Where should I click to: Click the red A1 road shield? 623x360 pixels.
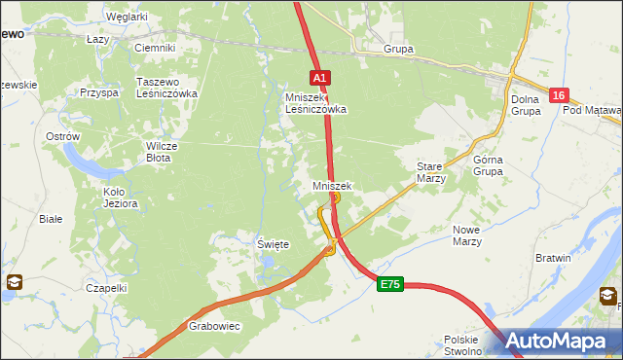321,76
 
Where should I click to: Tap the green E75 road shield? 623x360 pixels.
390,283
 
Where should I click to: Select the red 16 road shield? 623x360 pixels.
558,94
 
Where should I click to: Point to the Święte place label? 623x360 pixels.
273,244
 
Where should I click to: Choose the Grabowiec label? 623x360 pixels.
214,327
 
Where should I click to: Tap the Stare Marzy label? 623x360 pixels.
430,172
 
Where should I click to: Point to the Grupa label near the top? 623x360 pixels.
398,49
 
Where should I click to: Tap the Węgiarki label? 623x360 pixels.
127,17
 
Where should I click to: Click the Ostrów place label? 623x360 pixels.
62,137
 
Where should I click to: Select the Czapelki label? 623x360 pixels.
106,288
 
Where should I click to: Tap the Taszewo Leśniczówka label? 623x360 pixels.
167,88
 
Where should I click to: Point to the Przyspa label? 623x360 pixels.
99,92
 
